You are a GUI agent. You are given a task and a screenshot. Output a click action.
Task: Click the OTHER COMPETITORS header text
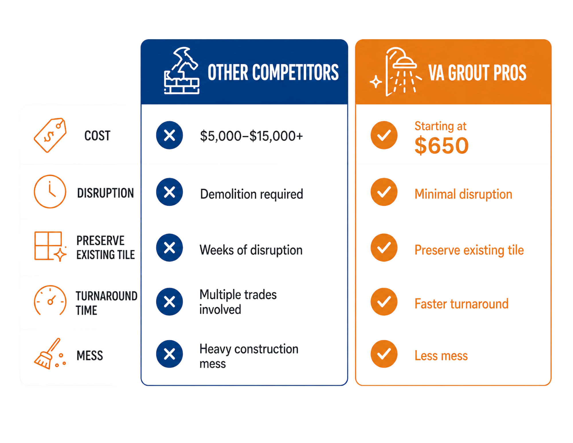273,72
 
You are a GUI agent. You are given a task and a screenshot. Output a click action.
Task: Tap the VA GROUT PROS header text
477,73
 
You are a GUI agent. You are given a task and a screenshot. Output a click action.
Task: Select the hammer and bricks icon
182,71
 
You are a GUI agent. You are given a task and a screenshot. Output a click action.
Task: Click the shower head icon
396,72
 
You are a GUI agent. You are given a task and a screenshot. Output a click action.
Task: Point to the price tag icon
50,135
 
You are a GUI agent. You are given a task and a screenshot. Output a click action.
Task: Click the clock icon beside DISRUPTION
50,191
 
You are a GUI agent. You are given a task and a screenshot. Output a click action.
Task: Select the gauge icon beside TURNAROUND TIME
50,300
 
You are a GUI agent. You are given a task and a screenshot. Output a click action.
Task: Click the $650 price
441,146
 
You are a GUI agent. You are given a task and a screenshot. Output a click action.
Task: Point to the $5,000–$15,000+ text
251,136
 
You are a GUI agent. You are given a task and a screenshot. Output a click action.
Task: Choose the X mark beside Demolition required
169,192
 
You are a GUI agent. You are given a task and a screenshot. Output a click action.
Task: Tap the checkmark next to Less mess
384,354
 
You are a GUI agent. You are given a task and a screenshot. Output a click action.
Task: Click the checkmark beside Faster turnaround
384,302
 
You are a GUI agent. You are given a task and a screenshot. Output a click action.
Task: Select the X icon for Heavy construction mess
169,354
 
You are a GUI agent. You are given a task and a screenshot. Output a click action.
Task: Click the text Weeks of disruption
251,250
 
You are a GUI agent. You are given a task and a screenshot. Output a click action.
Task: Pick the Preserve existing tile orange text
469,250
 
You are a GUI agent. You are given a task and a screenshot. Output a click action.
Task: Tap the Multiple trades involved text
238,302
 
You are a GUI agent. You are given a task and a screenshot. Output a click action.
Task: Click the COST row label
97,136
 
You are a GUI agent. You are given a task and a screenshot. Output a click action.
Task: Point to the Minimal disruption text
463,194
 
